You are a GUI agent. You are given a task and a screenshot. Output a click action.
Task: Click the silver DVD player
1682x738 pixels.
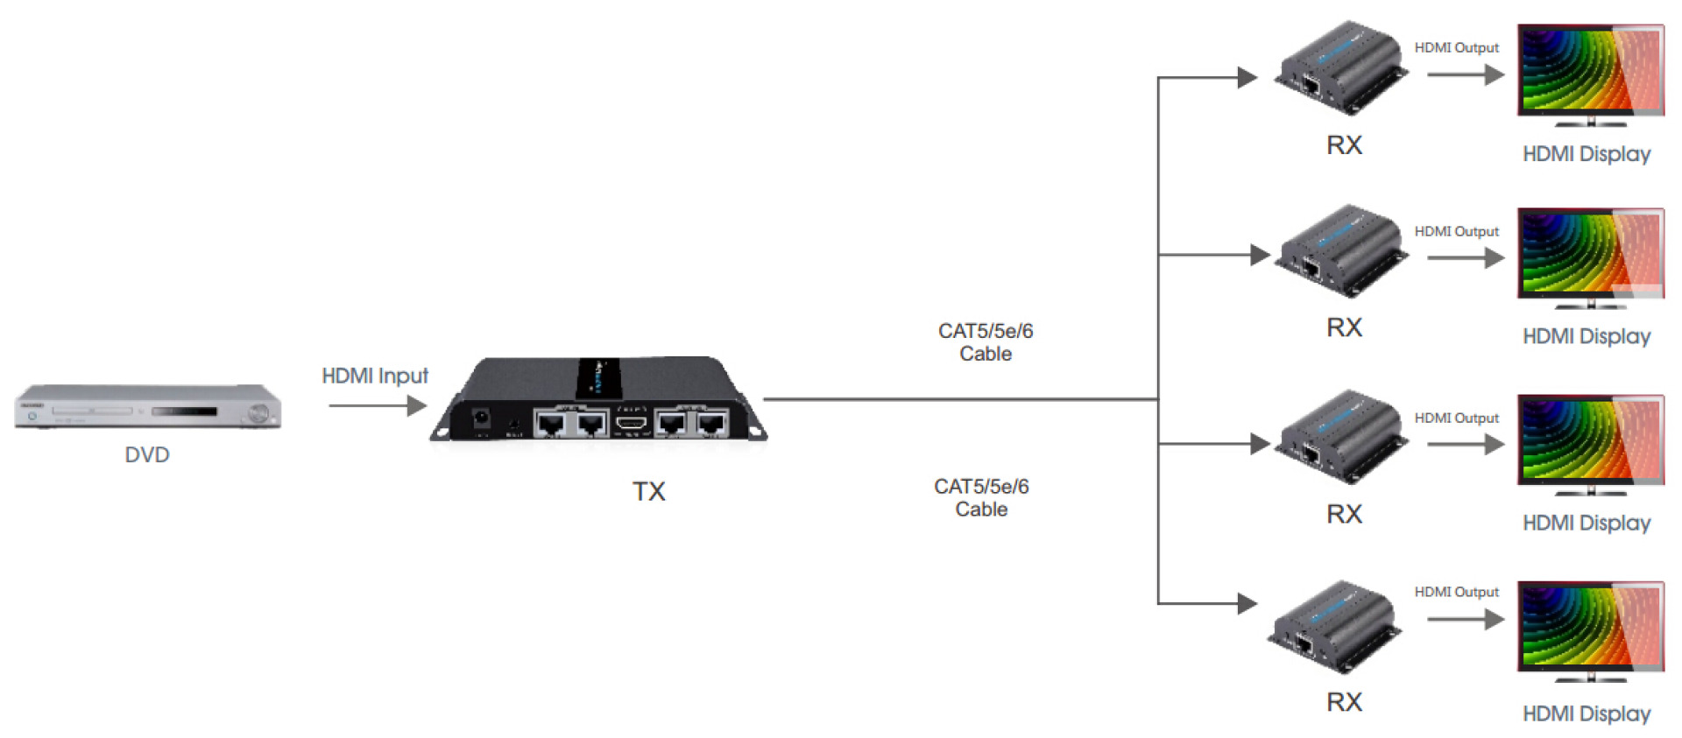click(147, 407)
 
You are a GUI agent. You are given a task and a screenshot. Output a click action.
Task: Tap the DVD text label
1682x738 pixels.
click(147, 455)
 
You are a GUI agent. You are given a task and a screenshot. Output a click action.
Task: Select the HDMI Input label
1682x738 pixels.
click(375, 376)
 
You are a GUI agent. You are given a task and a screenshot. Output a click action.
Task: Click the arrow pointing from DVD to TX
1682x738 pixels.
click(378, 405)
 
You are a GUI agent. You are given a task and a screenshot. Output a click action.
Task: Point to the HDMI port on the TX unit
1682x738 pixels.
click(631, 424)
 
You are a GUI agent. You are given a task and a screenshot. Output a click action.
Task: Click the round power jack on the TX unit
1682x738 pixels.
click(481, 418)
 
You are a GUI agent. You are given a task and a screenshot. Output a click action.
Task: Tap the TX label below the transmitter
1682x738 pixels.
click(649, 491)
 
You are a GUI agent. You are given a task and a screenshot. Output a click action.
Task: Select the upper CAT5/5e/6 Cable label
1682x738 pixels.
click(986, 342)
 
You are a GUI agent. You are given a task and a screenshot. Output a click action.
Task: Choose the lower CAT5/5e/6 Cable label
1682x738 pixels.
click(981, 498)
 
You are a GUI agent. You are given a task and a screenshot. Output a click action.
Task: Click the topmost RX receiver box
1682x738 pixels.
click(1340, 67)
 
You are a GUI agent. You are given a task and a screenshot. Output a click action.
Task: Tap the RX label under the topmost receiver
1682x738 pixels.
click(1344, 145)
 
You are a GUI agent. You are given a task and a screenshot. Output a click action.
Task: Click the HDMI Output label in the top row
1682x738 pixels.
click(1456, 48)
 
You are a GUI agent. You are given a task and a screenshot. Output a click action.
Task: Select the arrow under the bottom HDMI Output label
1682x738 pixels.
click(1465, 620)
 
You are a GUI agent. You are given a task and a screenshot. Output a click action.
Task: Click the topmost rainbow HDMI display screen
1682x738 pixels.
click(1590, 70)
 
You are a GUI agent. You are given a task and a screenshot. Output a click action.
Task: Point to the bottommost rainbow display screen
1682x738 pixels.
click(1590, 627)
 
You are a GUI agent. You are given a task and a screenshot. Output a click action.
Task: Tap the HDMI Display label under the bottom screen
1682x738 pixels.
click(1587, 713)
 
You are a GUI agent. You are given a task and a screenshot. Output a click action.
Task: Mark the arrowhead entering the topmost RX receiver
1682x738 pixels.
click(1247, 78)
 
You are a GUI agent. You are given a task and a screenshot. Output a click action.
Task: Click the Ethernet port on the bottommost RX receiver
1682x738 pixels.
click(1304, 646)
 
